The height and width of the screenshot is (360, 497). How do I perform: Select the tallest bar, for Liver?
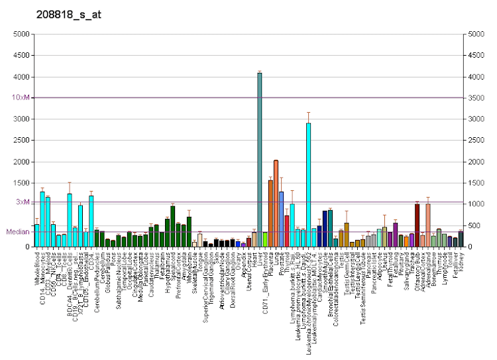point(260,160)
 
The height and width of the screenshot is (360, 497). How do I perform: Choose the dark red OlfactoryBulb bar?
point(417,225)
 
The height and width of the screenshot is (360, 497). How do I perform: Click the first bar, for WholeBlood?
point(37,235)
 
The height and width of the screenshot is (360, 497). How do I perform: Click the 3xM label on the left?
point(23,202)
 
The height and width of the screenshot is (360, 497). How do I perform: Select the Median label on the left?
point(19,231)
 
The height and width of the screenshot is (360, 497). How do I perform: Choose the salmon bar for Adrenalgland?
point(428,225)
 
